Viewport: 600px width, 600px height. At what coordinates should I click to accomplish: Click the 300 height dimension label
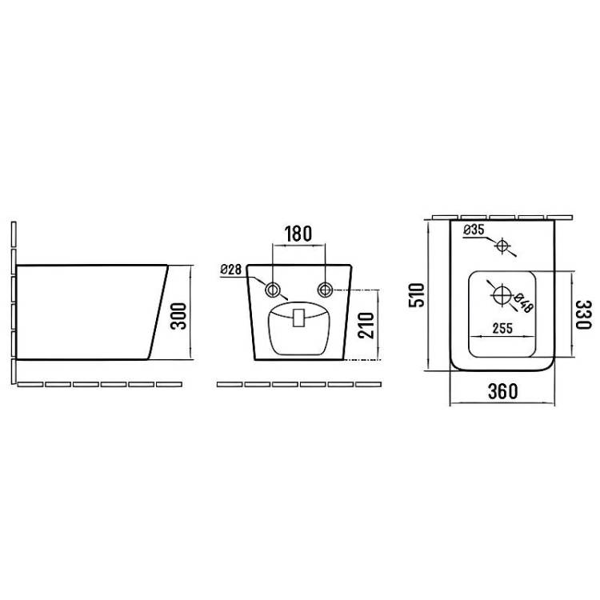pos(178,316)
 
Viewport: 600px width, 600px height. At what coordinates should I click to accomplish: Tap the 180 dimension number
pos(298,234)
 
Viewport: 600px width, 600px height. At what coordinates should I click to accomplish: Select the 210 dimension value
pos(366,326)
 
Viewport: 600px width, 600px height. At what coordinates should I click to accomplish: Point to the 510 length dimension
pos(417,294)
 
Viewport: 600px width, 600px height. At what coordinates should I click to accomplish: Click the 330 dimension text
pos(583,314)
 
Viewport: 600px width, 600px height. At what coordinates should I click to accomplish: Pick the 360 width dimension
pos(503,391)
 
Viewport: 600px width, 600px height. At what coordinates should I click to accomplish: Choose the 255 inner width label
pos(502,328)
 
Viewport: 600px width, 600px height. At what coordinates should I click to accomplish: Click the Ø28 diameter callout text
pos(230,270)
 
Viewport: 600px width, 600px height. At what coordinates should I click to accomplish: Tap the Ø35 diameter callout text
pos(474,230)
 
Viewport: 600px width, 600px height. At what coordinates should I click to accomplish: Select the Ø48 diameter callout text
pos(523,303)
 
